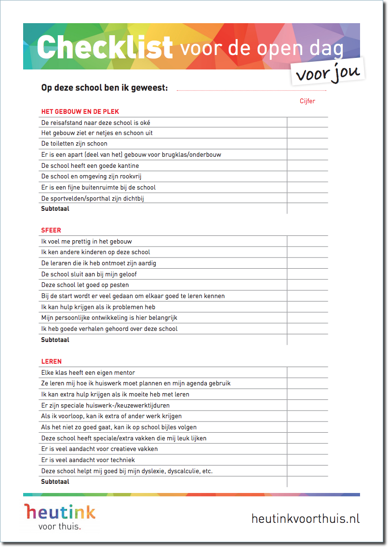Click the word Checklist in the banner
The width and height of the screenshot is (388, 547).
point(104,47)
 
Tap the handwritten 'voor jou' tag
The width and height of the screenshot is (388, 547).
point(327,73)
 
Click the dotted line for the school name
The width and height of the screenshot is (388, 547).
point(251,90)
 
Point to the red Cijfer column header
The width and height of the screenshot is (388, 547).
point(307,101)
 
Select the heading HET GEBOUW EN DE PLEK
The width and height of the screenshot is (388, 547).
point(80,111)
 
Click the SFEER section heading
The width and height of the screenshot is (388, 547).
point(51,230)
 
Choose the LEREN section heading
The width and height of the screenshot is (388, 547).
point(52,361)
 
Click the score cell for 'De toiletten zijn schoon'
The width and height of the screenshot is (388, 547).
point(308,144)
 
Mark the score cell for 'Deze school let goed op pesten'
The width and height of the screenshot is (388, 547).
point(308,285)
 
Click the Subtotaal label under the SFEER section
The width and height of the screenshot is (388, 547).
point(55,340)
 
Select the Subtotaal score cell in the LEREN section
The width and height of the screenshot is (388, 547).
point(308,481)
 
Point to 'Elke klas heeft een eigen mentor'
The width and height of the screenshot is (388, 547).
point(88,372)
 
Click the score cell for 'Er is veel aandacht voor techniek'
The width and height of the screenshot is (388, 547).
point(308,460)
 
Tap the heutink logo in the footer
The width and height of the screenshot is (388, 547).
point(60,516)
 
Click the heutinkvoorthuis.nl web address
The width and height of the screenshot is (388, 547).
point(306,519)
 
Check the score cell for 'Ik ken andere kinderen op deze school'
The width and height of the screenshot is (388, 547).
point(308,252)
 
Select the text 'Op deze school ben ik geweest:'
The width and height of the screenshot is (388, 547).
point(105,88)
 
